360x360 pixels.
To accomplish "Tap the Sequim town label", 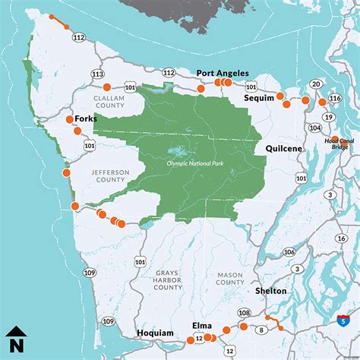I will coord(258,99).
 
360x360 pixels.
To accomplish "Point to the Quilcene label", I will coord(284,150).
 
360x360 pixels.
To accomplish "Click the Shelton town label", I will coord(271,290).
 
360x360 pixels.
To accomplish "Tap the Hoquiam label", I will coord(155,333).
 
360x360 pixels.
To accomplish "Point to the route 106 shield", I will coord(289,252).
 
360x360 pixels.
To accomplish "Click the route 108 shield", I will coord(244,312).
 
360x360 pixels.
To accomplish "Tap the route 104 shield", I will coord(316,128).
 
